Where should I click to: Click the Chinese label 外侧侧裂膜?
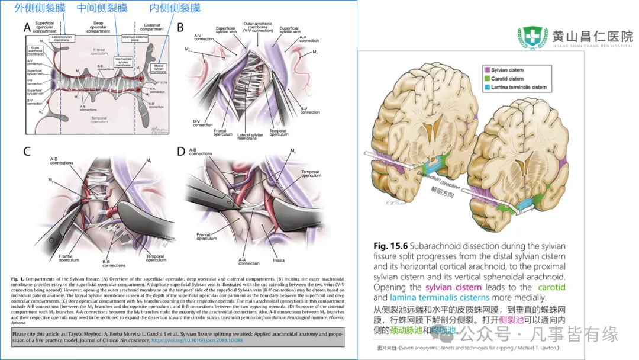(40, 8)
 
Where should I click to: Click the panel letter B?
(181, 27)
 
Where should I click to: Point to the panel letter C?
(27, 150)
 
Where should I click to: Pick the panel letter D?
(181, 150)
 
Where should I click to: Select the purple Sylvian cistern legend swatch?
(486, 70)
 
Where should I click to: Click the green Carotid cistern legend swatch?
(486, 79)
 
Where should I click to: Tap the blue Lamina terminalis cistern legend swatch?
(486, 88)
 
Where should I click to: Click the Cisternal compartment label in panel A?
(153, 28)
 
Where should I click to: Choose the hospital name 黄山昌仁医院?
(592, 35)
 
